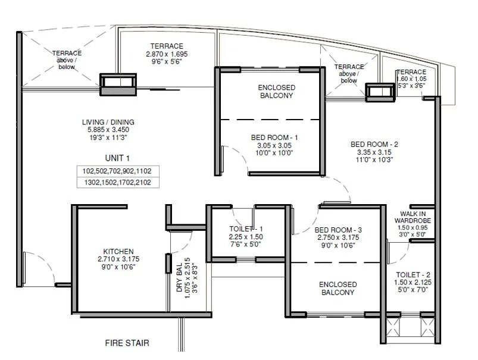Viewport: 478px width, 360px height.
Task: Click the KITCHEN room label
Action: pos(117,251)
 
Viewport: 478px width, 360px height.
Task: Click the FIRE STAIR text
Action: pos(127,343)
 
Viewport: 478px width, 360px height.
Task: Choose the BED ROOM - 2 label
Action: pos(373,144)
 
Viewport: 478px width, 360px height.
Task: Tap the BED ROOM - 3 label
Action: pos(338,230)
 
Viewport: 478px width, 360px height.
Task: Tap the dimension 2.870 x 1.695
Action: pos(167,54)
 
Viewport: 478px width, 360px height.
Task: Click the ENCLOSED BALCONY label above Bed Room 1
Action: pos(276,91)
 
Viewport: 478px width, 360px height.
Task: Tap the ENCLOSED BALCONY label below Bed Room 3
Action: pos(338,289)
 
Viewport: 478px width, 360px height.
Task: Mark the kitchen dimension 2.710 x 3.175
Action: pos(117,259)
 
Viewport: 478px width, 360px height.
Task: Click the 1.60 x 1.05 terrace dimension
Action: pos(411,79)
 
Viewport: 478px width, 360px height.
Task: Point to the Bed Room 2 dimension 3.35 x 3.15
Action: pos(373,152)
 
